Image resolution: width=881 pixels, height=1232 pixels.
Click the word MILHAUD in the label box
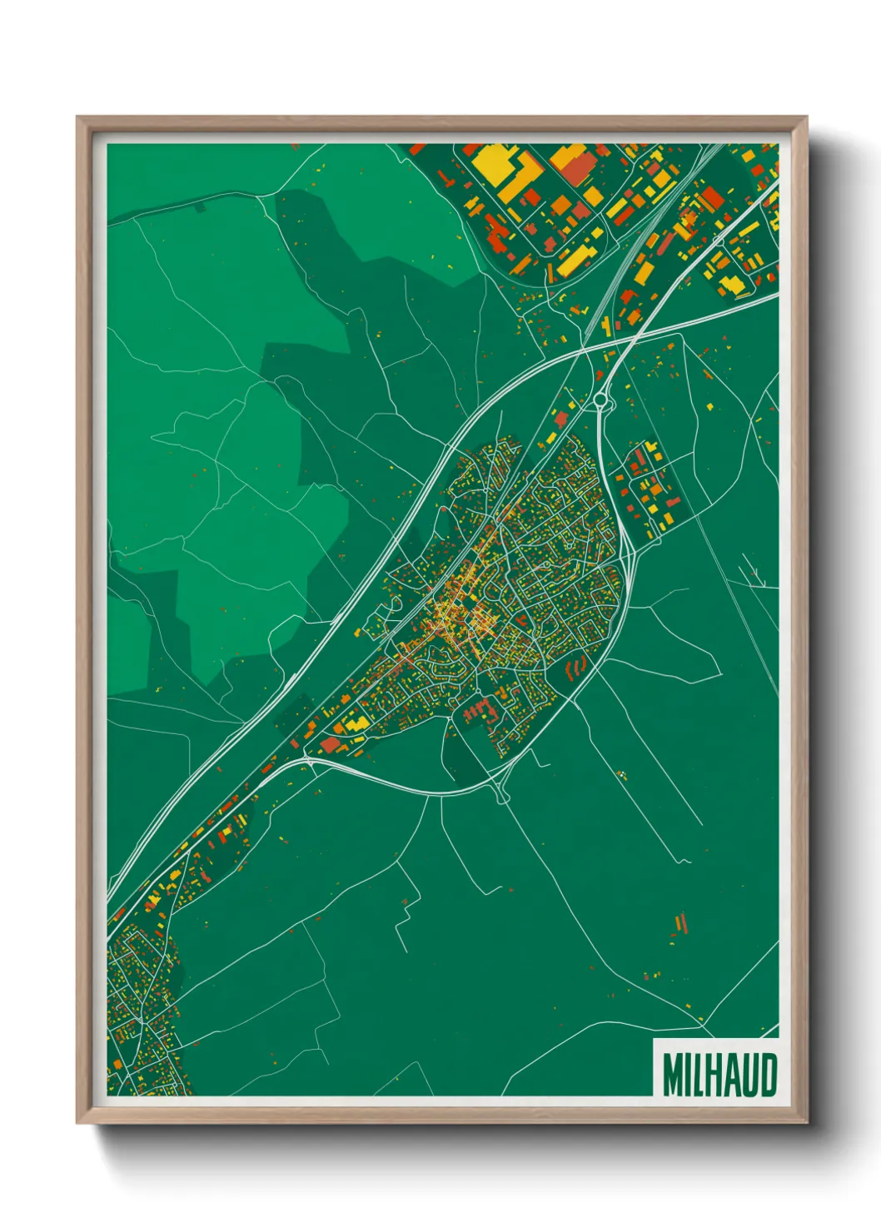pos(719,1075)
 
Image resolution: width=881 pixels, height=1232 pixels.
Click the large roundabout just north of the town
pos(600,402)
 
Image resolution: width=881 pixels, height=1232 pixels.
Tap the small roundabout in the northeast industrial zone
pos(719,241)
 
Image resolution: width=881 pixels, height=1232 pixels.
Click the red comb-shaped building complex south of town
pos(478,710)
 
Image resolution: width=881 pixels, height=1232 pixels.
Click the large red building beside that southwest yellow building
pos(331,743)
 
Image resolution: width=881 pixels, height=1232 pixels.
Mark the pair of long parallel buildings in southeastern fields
pos(681,924)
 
